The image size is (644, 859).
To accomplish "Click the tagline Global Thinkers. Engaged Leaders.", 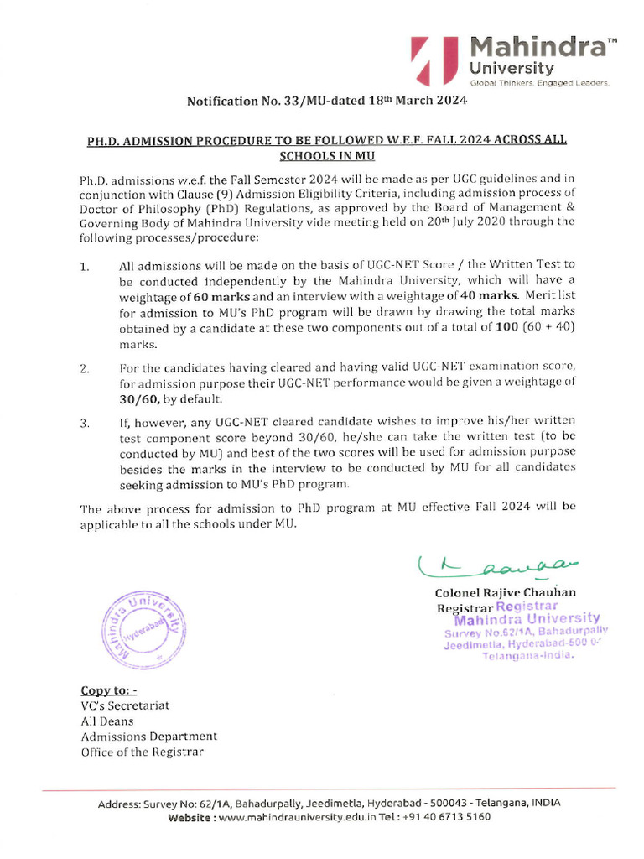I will (x=539, y=83).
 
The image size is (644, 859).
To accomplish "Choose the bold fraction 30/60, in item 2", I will (x=142, y=399).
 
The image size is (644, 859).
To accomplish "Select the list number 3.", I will (x=85, y=424).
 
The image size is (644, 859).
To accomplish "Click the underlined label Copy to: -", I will (x=108, y=690).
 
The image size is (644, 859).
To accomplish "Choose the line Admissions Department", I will (x=148, y=737).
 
